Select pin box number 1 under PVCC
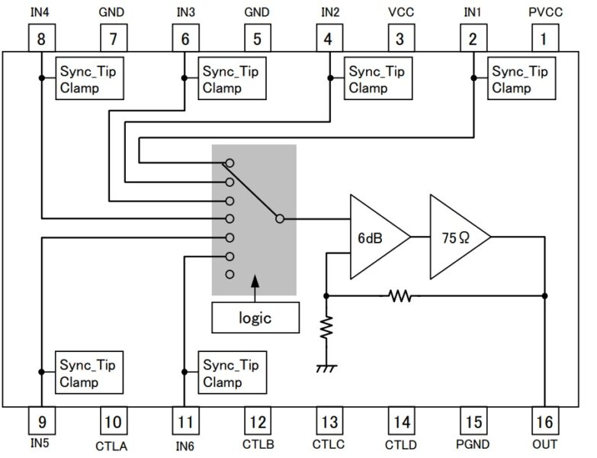544,38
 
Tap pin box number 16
544,421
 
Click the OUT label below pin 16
544,444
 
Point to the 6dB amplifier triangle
374,237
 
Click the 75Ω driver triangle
455,237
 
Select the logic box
255,318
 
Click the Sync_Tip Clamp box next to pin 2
518,79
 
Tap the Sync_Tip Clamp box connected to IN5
91,372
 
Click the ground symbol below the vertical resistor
326,369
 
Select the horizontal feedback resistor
399,295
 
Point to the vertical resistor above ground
326,328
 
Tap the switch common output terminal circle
280,218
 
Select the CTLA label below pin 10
113,444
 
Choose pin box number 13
329,421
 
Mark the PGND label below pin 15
473,444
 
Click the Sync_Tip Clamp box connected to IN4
91,79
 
